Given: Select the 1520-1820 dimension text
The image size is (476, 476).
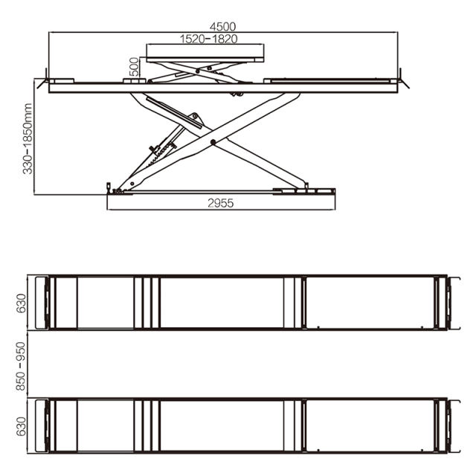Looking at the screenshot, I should (204, 39).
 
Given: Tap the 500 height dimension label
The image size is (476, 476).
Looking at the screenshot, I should (134, 66).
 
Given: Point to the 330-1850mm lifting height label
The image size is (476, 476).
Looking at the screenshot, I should (27, 138).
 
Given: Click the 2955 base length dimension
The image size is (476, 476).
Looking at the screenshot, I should (220, 202).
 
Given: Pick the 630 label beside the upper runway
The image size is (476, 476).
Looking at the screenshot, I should (22, 303).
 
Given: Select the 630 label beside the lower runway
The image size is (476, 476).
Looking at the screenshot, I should (22, 425).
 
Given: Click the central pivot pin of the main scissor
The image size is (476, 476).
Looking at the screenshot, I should (213, 141).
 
